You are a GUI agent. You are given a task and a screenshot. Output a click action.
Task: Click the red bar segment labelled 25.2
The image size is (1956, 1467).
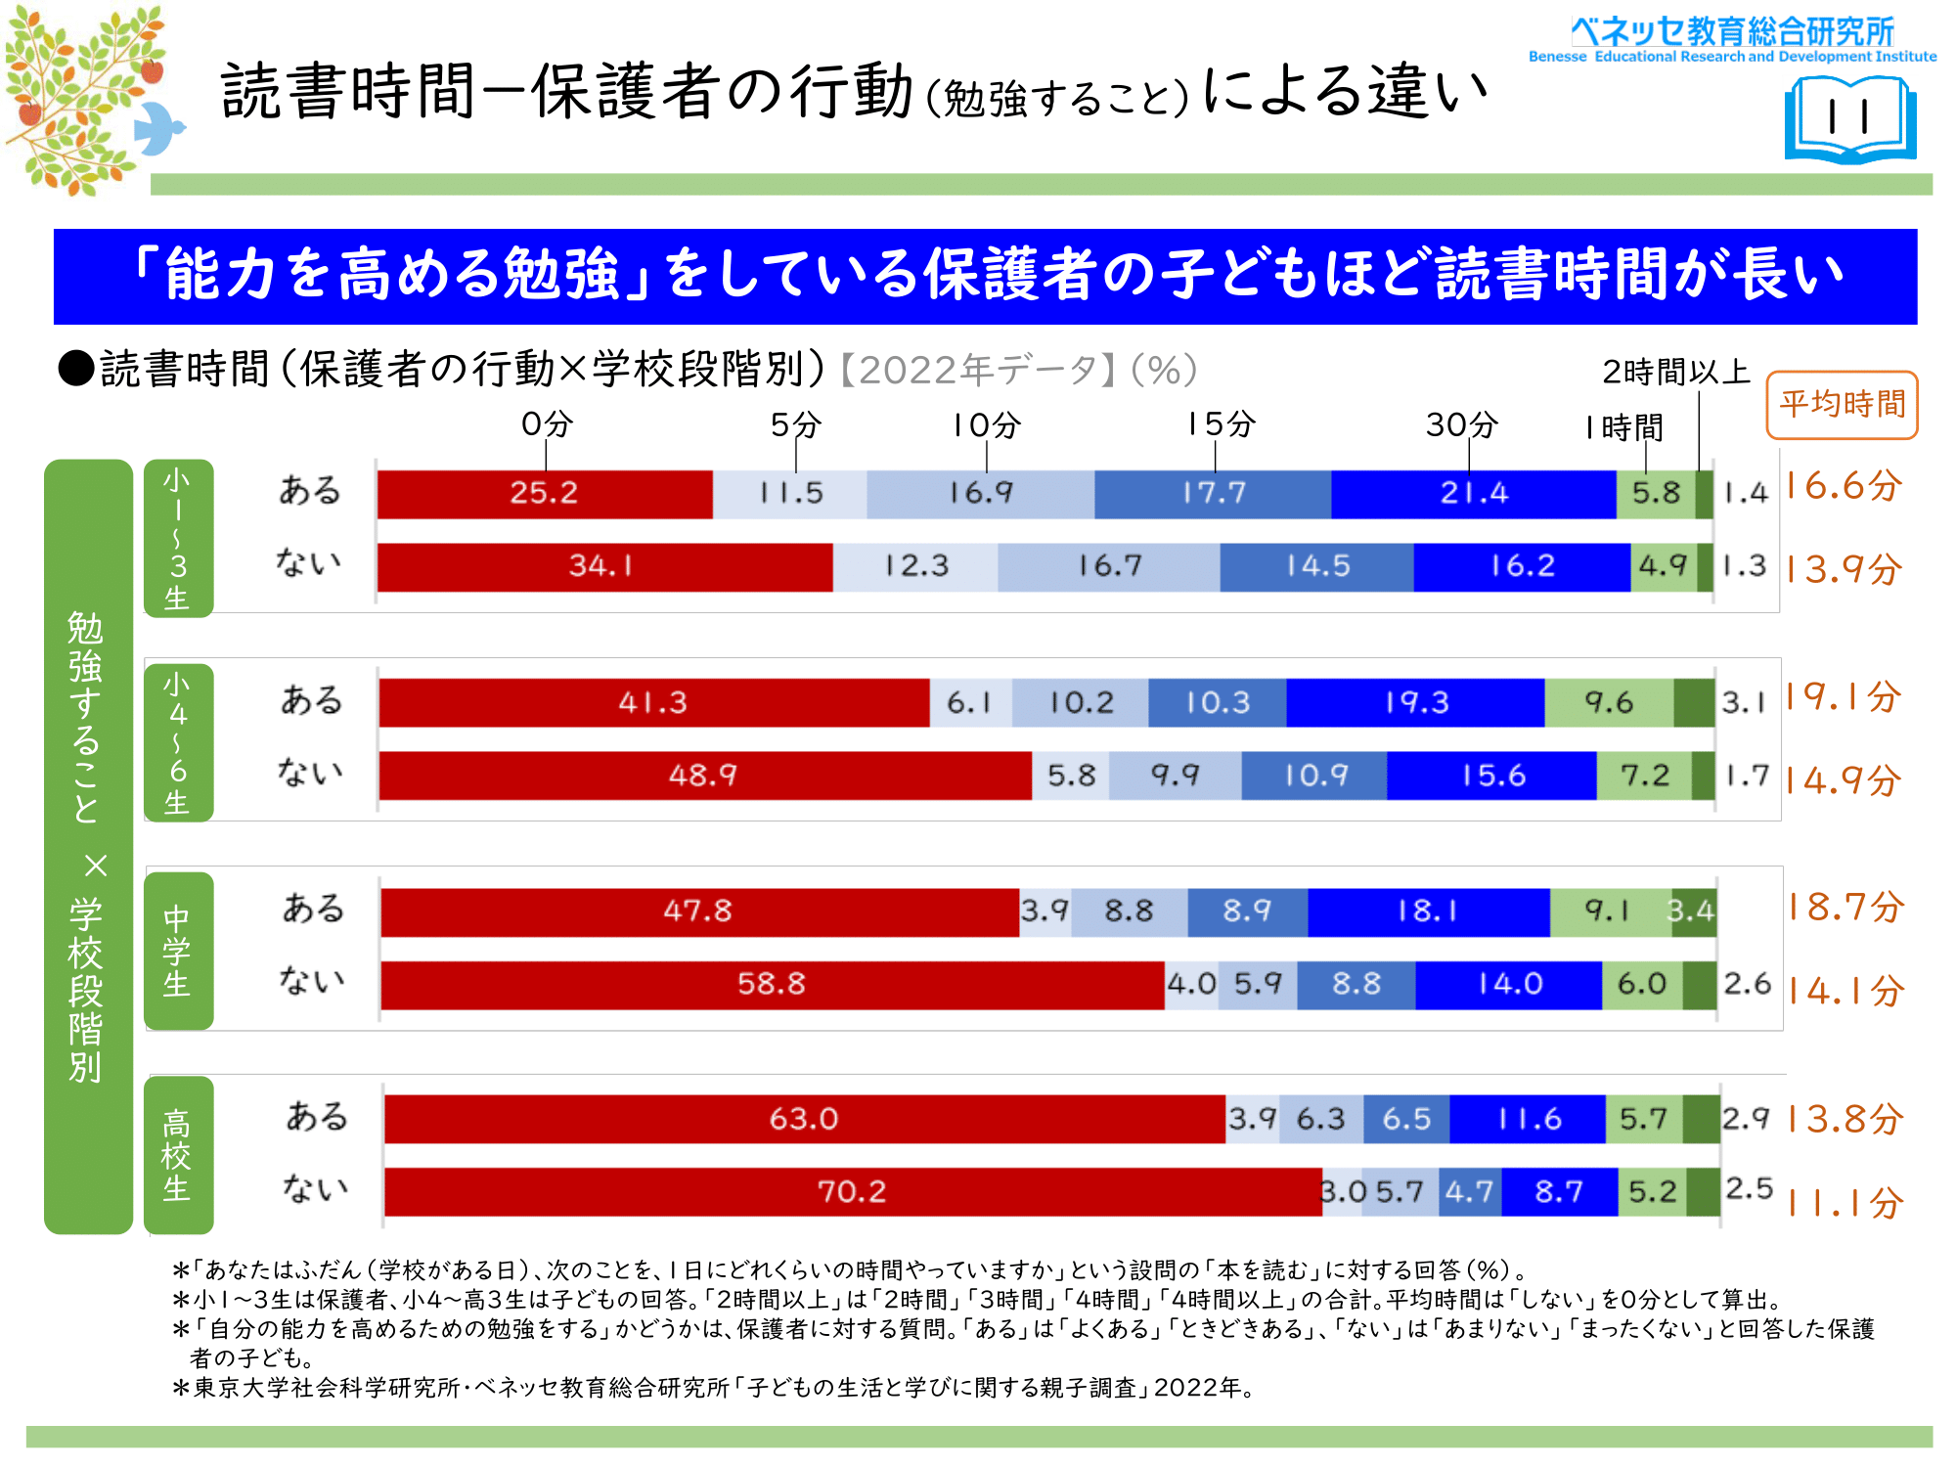click(545, 494)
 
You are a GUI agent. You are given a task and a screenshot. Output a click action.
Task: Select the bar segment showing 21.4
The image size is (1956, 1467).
click(1473, 494)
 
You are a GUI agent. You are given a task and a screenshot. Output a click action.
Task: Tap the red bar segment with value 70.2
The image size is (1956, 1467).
click(852, 1192)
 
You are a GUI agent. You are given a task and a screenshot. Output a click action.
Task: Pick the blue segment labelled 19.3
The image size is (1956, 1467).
click(1415, 703)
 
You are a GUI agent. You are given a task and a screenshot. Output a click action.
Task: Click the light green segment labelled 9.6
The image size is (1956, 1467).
click(1609, 703)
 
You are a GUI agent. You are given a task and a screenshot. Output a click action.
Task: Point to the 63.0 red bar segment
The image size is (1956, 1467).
click(804, 1119)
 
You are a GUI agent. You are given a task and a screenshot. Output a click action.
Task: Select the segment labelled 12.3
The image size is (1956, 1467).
click(915, 566)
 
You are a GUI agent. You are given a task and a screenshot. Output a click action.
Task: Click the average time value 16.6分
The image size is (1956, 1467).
click(1843, 486)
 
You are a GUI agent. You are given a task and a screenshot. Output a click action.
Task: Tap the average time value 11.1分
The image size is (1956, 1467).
click(1845, 1203)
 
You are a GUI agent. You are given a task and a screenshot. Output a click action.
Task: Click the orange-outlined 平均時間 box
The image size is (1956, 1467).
click(1842, 405)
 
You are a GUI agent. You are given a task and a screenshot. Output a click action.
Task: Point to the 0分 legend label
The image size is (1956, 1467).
click(547, 424)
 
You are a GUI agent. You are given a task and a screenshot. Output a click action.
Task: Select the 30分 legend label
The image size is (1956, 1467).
click(1461, 424)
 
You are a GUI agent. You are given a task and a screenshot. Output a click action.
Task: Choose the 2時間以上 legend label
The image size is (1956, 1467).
click(1675, 373)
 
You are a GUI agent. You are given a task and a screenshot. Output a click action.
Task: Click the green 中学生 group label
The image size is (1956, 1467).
click(178, 951)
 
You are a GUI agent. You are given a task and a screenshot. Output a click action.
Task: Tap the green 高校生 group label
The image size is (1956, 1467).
click(178, 1155)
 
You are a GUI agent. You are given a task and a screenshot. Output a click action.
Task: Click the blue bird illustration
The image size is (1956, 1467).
click(158, 127)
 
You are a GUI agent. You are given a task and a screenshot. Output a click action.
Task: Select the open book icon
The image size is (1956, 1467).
click(1850, 120)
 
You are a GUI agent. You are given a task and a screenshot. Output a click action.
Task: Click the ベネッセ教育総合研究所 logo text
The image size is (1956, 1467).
click(1732, 32)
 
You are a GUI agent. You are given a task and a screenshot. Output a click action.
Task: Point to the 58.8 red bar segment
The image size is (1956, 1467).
click(772, 984)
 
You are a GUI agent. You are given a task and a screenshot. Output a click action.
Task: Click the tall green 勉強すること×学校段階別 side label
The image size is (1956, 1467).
click(88, 846)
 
